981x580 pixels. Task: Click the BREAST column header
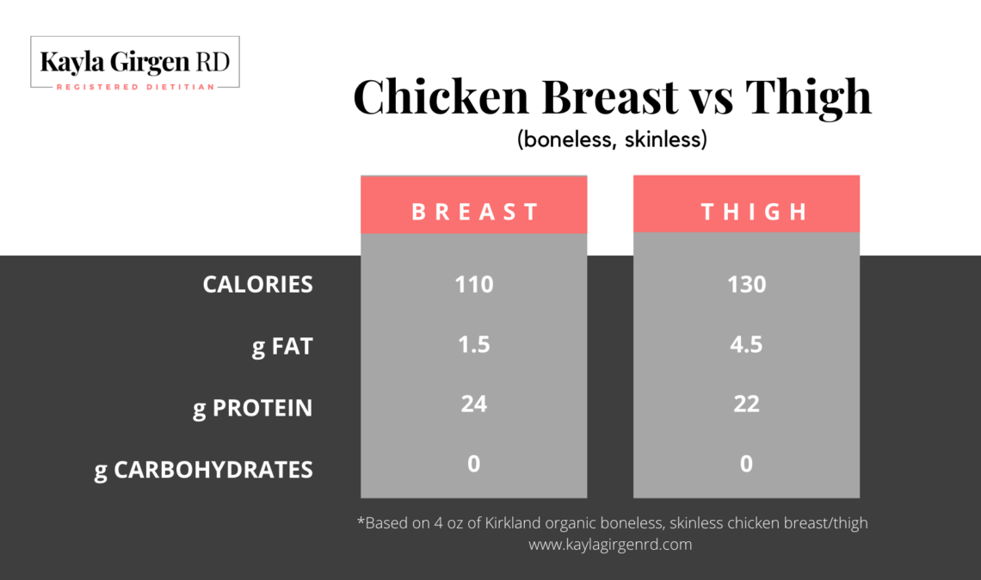474,212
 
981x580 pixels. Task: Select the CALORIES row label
257,284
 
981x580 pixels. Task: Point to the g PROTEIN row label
252,408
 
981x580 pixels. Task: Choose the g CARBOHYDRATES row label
203,470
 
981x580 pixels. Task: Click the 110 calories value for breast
474,284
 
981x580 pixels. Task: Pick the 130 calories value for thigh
746,284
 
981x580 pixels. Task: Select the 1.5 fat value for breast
474,345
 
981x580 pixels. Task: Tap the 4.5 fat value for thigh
746,345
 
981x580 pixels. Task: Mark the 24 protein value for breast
474,403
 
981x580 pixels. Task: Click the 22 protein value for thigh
746,403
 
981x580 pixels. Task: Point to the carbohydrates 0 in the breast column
474,464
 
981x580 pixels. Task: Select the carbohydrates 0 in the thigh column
746,464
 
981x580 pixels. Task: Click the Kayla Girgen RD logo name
134,62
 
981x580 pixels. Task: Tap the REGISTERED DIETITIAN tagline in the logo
135,87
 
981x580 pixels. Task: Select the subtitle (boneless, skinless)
612,140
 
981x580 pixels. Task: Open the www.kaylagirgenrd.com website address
611,545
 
